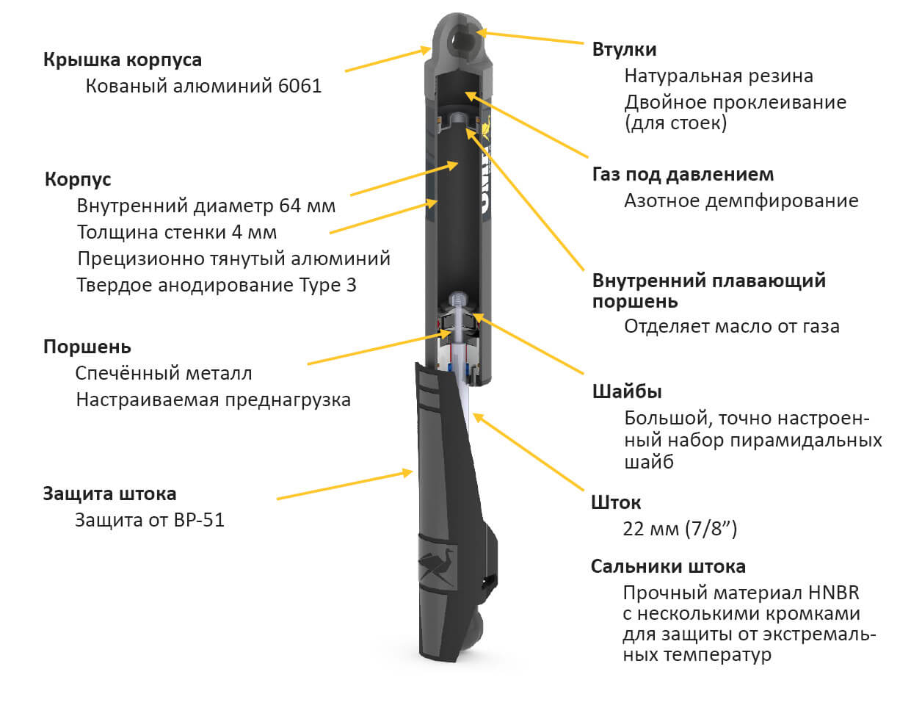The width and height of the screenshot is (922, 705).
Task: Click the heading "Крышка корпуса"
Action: pos(122,59)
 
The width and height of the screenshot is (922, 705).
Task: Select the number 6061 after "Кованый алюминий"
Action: pos(300,86)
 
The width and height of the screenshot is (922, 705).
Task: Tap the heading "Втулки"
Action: pos(624,49)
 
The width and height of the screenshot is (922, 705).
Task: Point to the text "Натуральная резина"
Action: pos(718,76)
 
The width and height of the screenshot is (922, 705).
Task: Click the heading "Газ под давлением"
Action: pos(683,175)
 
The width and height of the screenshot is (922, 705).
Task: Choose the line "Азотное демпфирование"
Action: pos(741,200)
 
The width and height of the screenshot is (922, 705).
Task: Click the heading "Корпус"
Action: pos(78,179)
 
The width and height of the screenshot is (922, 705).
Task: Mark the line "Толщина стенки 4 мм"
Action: pos(177,233)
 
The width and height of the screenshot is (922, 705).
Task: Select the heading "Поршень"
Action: pos(87,347)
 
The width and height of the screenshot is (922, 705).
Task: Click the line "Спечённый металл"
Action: pos(164,373)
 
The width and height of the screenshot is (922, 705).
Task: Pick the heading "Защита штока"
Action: pos(109,493)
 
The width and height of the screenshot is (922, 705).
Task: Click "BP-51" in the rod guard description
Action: pos(199,520)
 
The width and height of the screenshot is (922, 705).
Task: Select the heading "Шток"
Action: pos(615,503)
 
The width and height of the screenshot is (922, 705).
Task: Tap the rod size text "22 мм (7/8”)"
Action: pos(680,529)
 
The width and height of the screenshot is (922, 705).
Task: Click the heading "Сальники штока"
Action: pos(668,566)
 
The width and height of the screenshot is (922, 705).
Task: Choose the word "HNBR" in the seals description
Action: pos(833,593)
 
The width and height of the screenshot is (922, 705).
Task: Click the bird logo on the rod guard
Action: pos(438,566)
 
